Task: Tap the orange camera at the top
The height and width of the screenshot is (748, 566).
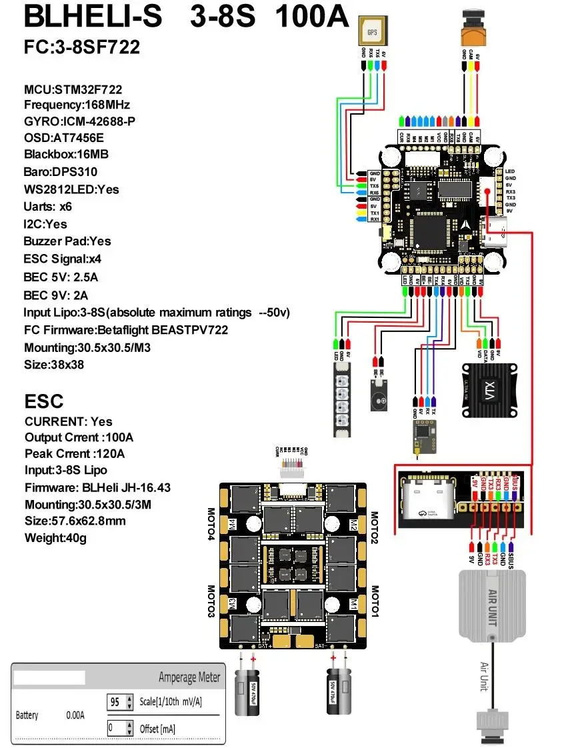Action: tap(470, 27)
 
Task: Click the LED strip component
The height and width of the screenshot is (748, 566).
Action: tap(341, 400)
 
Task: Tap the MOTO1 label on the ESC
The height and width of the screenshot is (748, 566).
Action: tap(375, 601)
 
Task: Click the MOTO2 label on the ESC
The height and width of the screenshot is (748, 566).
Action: tap(375, 527)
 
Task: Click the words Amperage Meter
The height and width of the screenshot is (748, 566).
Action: tap(189, 678)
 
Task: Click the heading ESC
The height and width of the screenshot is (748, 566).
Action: tap(44, 401)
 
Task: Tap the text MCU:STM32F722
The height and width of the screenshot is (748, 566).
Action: tap(73, 89)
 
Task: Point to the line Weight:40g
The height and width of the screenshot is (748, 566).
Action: tap(55, 537)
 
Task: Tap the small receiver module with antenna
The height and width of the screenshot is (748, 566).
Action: tap(423, 433)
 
